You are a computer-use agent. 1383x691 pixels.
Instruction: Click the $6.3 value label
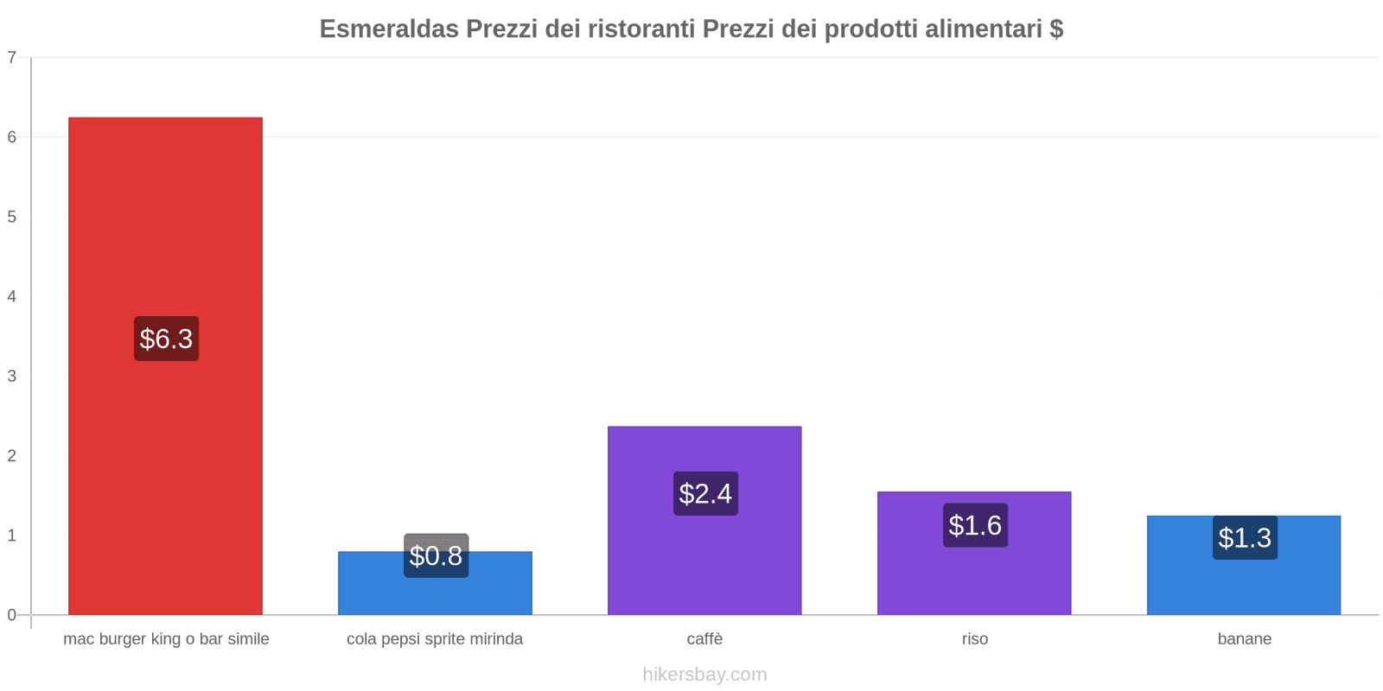[166, 339]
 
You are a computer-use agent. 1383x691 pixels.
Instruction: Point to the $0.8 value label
[436, 555]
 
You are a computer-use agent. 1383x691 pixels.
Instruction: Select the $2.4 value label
[705, 493]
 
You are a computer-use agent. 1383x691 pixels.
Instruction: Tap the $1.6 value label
[975, 525]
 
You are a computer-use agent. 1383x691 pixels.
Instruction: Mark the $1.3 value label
[1245, 537]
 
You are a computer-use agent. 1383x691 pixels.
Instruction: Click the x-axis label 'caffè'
[704, 639]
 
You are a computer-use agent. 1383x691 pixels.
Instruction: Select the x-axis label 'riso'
[974, 639]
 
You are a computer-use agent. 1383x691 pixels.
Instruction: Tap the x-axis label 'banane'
[1244, 639]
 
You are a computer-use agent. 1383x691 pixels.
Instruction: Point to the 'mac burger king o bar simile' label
[166, 639]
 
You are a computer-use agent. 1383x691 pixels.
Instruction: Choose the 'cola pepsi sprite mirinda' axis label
[435, 639]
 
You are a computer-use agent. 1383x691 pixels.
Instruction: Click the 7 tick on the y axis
[12, 58]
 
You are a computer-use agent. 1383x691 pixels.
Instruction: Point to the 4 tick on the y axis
[12, 296]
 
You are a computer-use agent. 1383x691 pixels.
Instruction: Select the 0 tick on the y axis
[12, 615]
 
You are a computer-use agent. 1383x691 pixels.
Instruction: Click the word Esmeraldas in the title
[389, 29]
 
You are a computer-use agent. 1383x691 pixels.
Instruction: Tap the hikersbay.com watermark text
[704, 675]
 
